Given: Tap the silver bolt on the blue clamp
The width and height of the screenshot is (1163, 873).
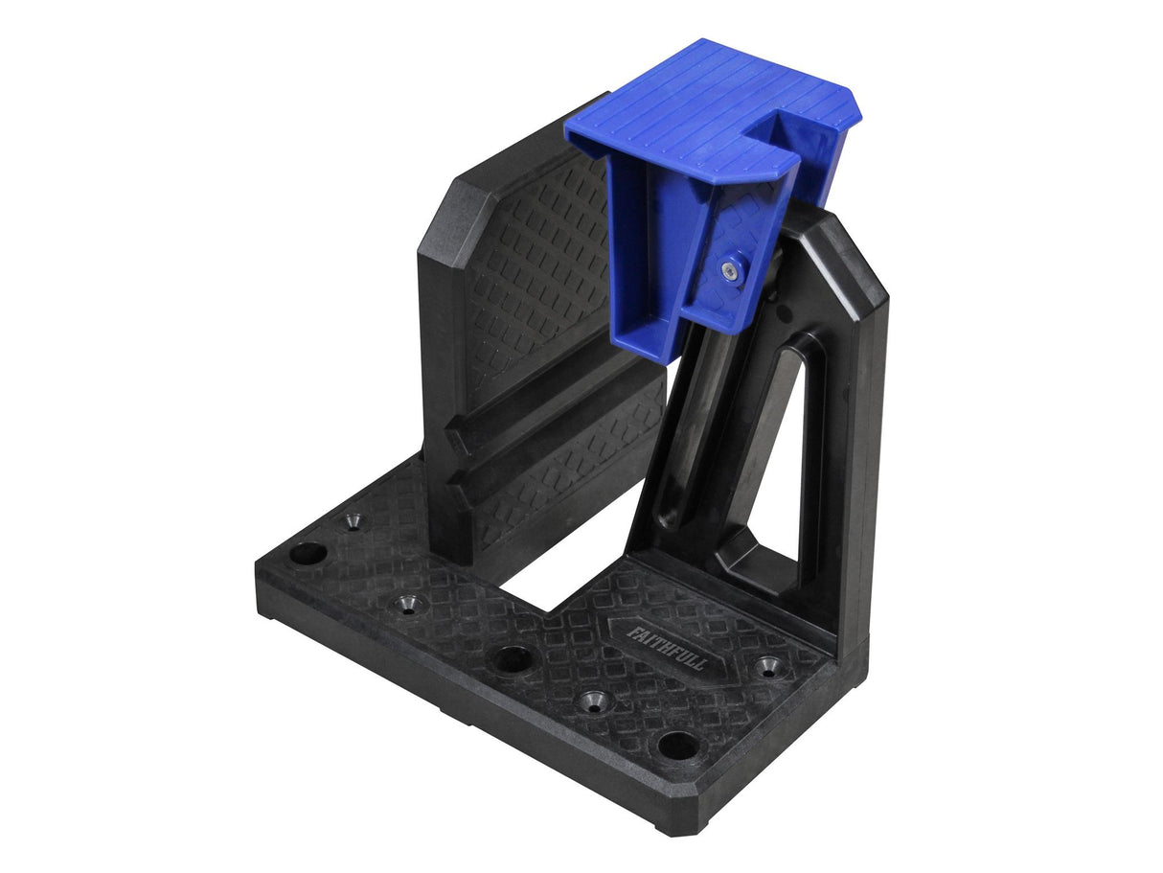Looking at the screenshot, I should pyautogui.click(x=732, y=271).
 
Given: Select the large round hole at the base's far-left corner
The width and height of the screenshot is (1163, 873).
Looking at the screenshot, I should pyautogui.click(x=308, y=553).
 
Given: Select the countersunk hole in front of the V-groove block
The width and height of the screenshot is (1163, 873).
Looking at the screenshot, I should pyautogui.click(x=410, y=605).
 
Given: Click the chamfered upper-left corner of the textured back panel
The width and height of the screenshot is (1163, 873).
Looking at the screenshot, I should pyautogui.click(x=443, y=196).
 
